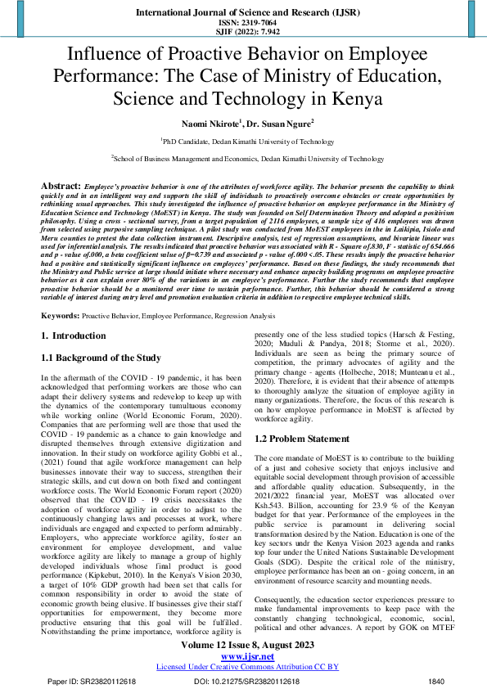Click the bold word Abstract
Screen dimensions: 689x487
click(x=60, y=187)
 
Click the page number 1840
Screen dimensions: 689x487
click(x=437, y=681)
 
